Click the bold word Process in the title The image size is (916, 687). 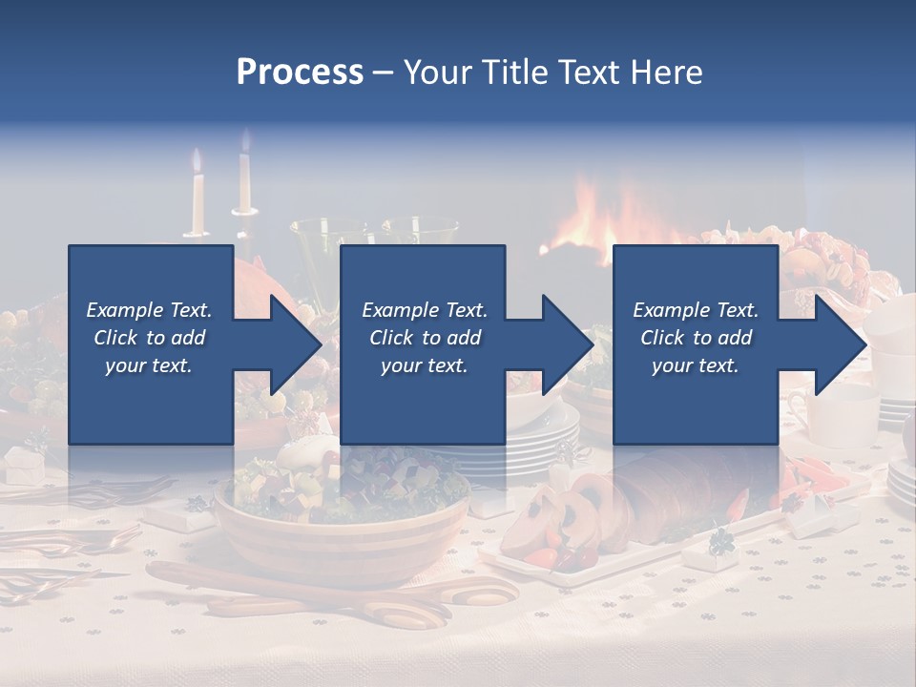pos(300,73)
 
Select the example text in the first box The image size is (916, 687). pos(149,338)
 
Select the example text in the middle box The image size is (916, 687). pos(425,338)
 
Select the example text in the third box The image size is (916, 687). pos(696,338)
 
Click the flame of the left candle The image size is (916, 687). pos(197,160)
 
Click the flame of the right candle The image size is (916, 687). pos(244,143)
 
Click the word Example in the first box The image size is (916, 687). pos(124,310)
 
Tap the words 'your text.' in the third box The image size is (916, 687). pos(696,365)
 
